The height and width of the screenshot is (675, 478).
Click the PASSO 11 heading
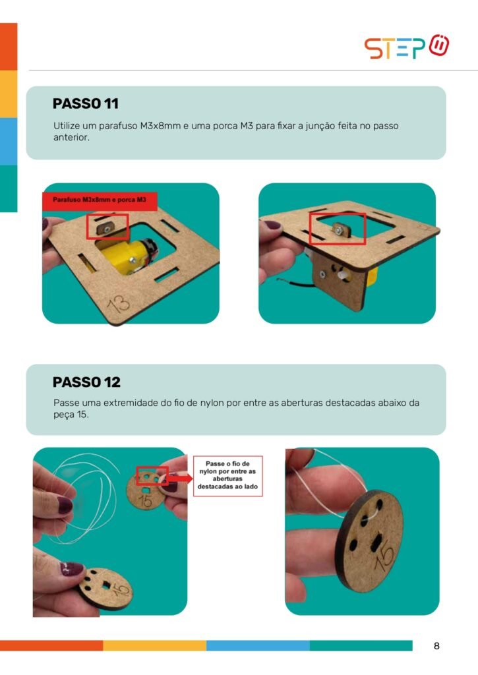[x=85, y=103]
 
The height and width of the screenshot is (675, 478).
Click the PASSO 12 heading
[x=86, y=382]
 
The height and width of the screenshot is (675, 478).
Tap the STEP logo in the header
[x=407, y=47]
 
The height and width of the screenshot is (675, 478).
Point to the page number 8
[x=436, y=646]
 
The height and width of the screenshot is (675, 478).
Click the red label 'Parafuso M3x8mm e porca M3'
[x=100, y=200]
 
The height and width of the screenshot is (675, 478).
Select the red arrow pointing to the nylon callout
[x=179, y=479]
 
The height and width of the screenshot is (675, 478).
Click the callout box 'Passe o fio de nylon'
[x=228, y=476]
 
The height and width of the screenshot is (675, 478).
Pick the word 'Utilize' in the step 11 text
[x=67, y=126]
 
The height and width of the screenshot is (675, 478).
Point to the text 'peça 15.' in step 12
[x=71, y=415]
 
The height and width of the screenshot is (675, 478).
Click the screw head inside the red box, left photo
[x=107, y=230]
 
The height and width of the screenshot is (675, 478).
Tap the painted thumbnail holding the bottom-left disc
[x=72, y=568]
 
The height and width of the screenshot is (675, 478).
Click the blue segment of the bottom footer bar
[x=258, y=645]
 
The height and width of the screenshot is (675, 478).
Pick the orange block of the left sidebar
[x=9, y=47]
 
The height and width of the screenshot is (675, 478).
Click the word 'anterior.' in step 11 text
[x=71, y=138]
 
